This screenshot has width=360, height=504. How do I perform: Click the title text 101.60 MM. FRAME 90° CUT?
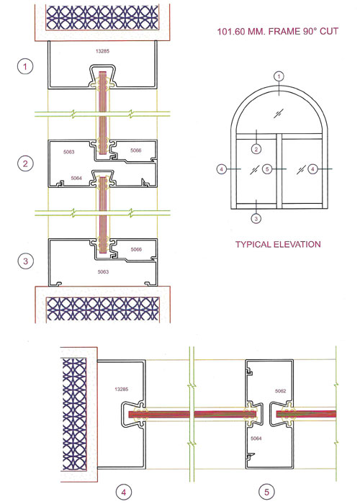click(278, 32)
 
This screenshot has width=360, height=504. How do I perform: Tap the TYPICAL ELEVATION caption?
click(278, 244)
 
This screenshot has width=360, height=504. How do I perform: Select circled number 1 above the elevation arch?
click(279, 76)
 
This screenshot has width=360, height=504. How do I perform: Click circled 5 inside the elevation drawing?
click(267, 168)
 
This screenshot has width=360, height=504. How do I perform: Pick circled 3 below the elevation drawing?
click(256, 219)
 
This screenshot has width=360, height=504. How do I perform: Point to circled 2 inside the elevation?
click(256, 149)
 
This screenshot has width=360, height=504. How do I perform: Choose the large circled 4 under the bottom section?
click(123, 492)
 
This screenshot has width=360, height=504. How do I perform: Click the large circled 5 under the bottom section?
click(266, 492)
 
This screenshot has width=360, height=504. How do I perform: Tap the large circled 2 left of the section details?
click(25, 163)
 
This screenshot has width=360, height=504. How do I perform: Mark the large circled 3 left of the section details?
click(25, 261)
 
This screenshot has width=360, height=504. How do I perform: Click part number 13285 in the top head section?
click(102, 51)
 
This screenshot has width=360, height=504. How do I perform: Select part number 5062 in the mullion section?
click(280, 391)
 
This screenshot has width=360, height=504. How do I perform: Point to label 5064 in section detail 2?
click(76, 178)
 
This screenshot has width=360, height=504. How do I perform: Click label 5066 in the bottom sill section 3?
click(136, 249)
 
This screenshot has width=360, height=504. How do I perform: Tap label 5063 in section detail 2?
click(69, 152)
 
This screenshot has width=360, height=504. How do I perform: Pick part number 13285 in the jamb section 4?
click(122, 390)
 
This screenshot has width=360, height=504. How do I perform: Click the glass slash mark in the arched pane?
click(279, 113)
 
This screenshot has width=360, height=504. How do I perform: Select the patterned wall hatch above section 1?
click(102, 17)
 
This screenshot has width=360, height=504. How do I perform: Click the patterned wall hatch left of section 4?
click(75, 414)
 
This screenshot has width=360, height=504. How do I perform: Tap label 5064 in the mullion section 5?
click(256, 438)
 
